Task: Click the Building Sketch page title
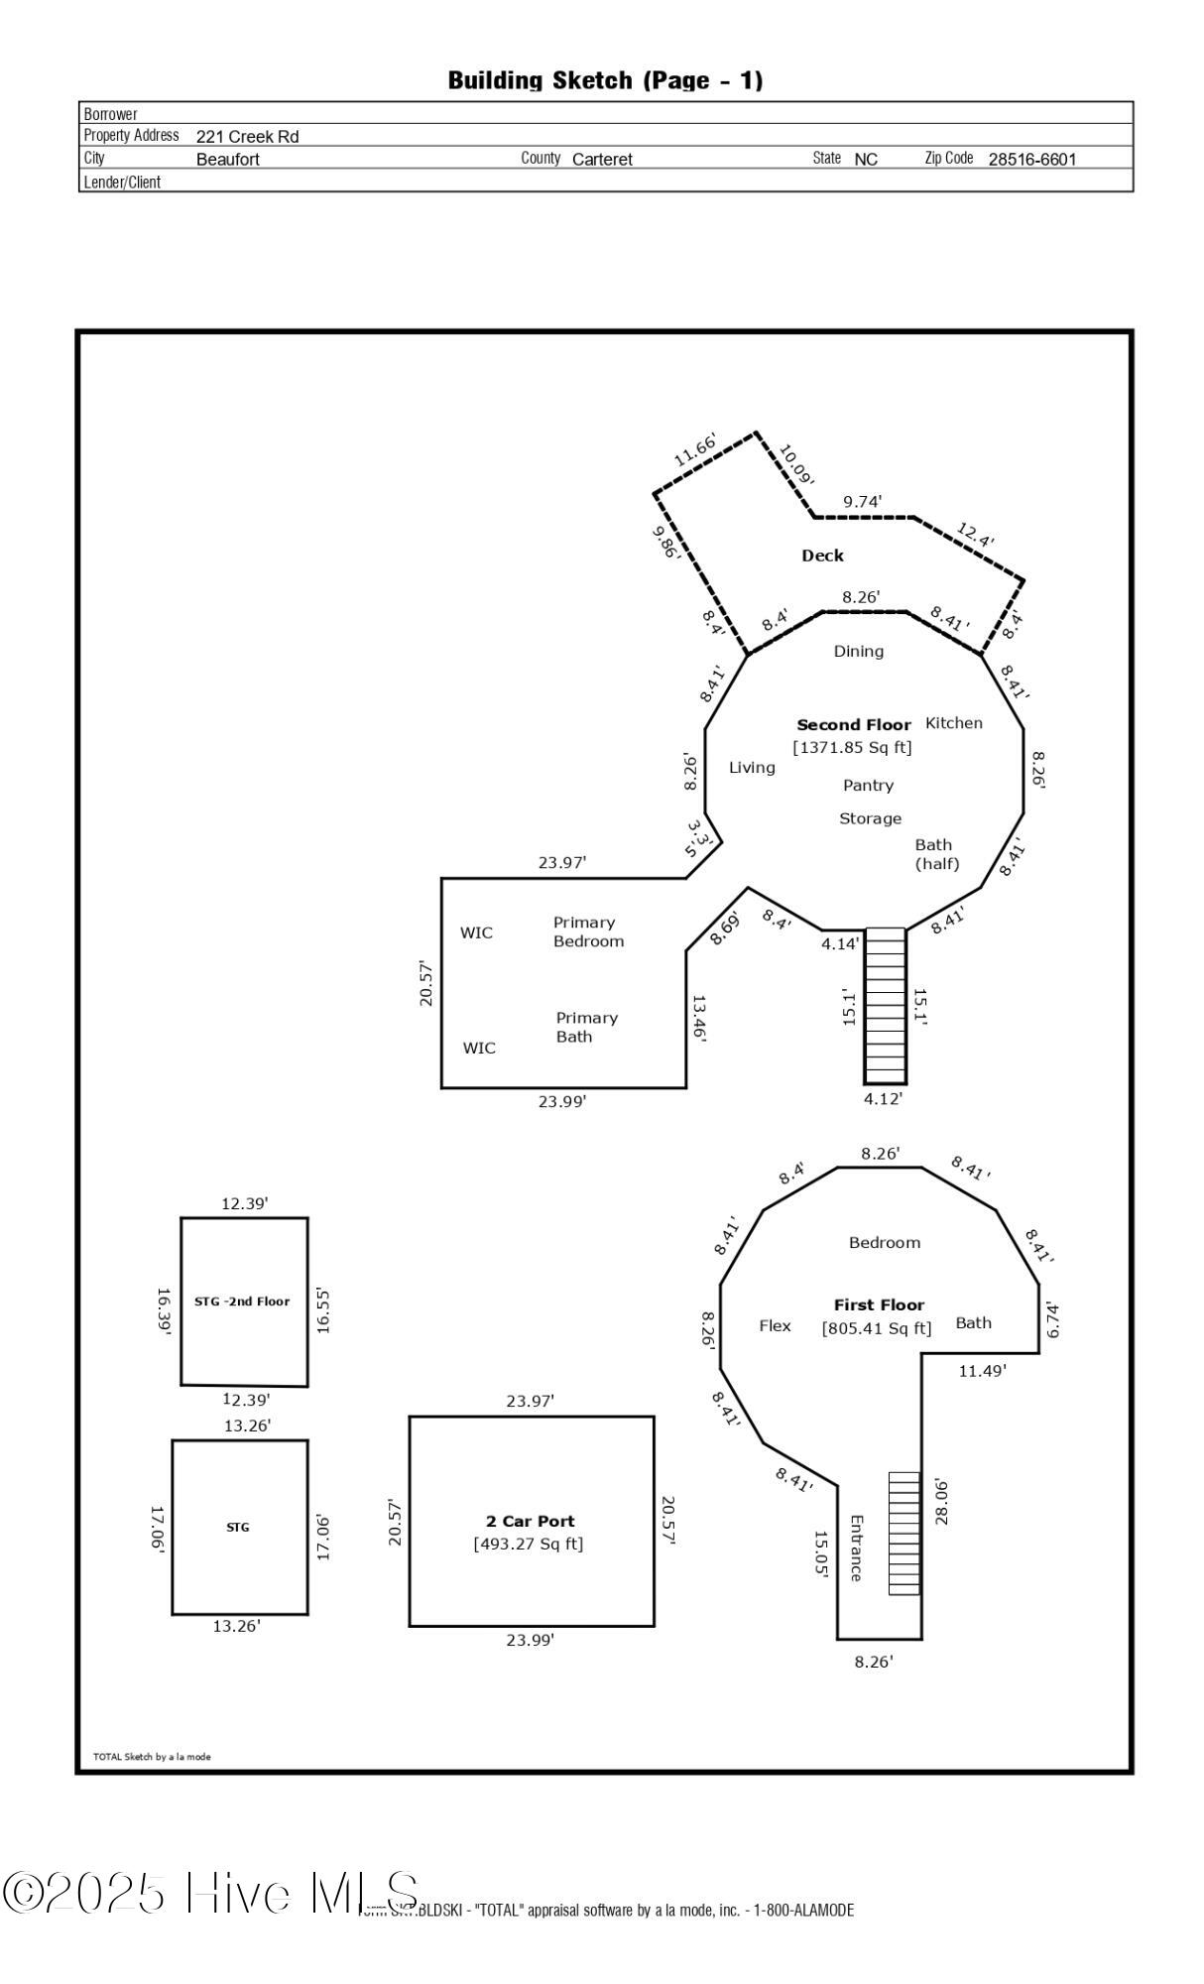(x=605, y=80)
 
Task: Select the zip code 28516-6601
(x=1031, y=159)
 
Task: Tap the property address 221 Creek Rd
(x=247, y=137)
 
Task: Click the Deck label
(x=822, y=556)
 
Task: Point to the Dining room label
(x=858, y=651)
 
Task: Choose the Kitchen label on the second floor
(x=953, y=722)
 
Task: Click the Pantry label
(x=868, y=785)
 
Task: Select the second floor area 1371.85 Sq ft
(x=852, y=747)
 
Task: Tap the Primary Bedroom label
(x=587, y=931)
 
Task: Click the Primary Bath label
(x=585, y=1027)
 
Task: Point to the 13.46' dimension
(x=698, y=1018)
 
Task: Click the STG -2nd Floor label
(x=242, y=1301)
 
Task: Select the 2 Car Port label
(x=530, y=1521)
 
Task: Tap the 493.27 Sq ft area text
(x=529, y=1544)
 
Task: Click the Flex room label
(x=775, y=1325)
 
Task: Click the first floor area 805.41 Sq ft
(x=877, y=1328)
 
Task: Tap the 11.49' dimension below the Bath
(x=982, y=1371)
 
